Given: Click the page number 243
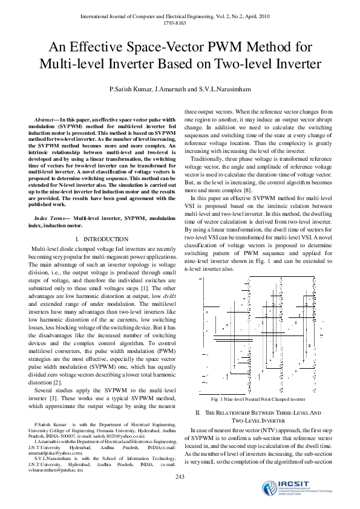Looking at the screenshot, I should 180,478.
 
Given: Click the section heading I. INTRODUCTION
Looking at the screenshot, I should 101,239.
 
